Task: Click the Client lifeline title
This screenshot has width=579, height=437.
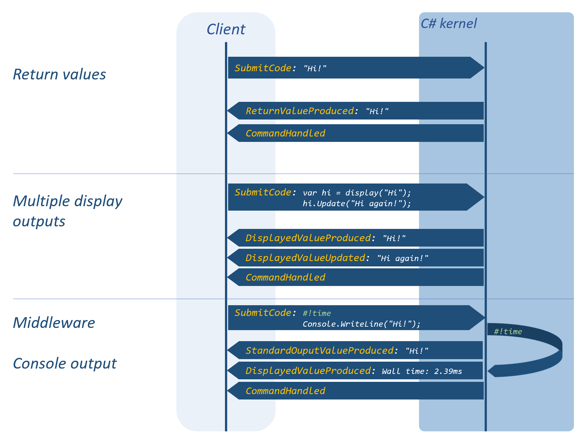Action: click(226, 29)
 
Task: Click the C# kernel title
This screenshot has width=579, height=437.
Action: click(449, 24)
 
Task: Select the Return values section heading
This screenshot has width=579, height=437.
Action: click(59, 74)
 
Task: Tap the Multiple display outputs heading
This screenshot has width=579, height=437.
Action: click(68, 211)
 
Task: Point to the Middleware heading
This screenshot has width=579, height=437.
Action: click(54, 323)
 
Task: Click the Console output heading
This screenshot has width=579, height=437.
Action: click(65, 364)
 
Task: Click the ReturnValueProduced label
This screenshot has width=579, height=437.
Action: click(299, 111)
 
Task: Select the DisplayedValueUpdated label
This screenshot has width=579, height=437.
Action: click(305, 258)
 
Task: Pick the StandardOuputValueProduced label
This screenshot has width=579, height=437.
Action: click(319, 351)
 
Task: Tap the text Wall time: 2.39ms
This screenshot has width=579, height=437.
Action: click(422, 371)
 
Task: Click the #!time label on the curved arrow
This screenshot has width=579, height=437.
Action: click(508, 331)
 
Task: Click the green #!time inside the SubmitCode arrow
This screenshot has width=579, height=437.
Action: click(317, 313)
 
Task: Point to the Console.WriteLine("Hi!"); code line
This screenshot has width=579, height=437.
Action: click(362, 324)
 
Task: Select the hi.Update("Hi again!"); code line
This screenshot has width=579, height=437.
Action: click(357, 204)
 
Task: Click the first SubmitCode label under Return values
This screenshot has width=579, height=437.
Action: click(263, 68)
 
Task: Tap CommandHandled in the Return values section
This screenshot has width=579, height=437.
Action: click(285, 133)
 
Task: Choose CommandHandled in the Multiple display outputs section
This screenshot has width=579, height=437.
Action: click(285, 277)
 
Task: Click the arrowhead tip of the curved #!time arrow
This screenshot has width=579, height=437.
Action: click(488, 371)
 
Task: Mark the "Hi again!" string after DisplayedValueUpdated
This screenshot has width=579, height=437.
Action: click(403, 259)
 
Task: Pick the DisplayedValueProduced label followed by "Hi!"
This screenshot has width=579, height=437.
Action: click(308, 238)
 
